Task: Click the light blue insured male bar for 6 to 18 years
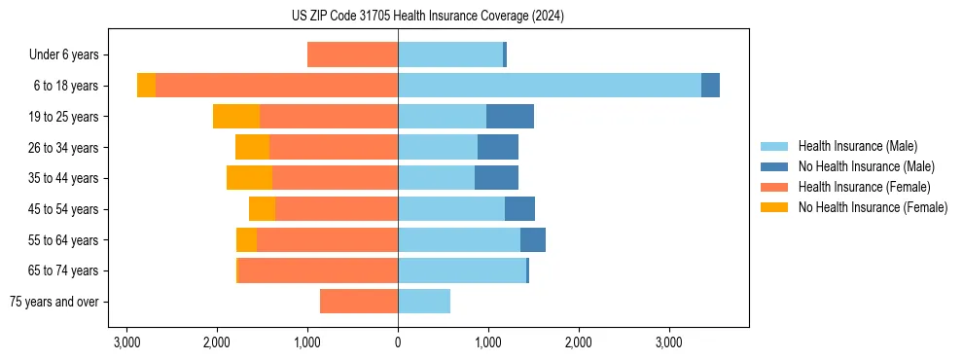[550, 86]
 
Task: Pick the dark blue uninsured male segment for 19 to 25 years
[510, 117]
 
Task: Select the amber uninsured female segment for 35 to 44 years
[249, 178]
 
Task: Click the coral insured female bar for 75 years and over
[359, 302]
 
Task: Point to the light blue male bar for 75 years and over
[424, 302]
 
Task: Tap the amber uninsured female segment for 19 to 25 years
[236, 117]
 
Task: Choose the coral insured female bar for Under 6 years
[352, 55]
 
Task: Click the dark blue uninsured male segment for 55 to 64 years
[533, 239]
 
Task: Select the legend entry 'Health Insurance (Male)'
[857, 146]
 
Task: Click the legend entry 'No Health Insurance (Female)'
[873, 207]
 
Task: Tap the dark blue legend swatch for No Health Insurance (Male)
[774, 166]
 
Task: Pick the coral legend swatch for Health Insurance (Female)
[774, 187]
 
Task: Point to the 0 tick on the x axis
[398, 342]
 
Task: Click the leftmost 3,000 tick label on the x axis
[126, 342]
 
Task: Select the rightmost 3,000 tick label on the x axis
[669, 342]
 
